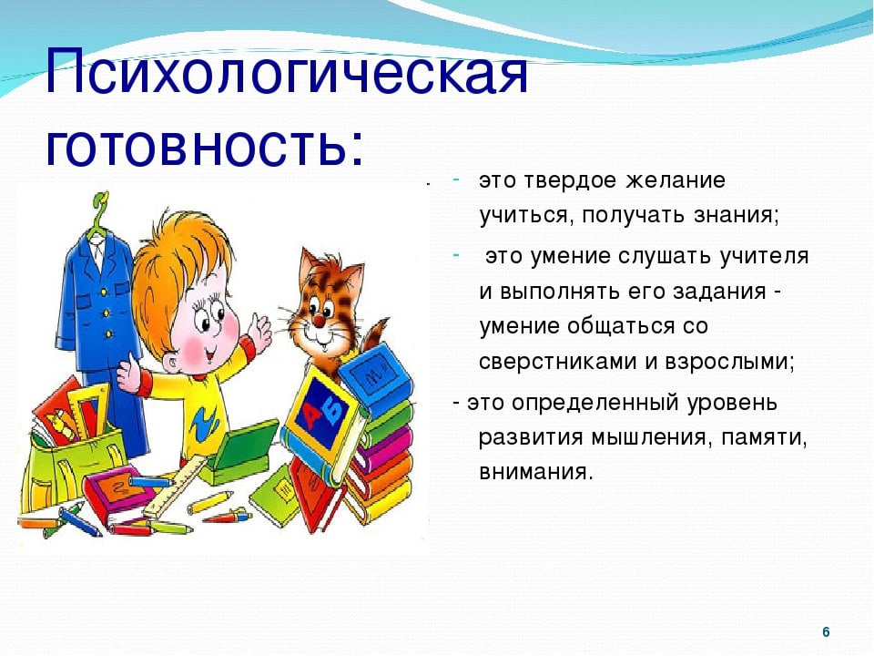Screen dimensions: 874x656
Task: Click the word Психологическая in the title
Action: (287, 71)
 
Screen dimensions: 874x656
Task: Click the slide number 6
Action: (826, 632)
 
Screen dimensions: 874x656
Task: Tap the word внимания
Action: (534, 473)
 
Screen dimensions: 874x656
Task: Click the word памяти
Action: (764, 438)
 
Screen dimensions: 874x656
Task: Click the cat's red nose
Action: (318, 320)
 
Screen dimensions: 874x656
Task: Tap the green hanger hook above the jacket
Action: (100, 208)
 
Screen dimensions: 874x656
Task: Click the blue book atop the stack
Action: (376, 374)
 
